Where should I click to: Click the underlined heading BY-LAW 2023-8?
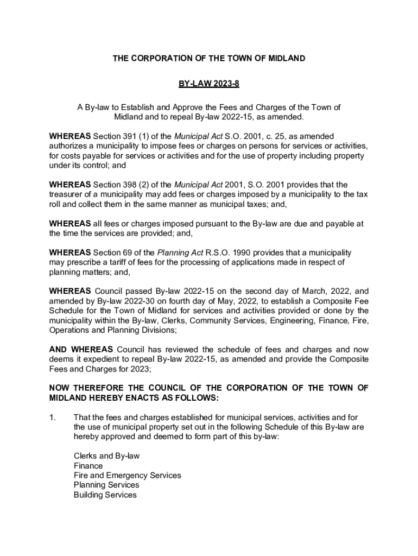pos(208,84)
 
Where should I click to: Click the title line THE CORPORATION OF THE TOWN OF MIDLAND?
pos(208,58)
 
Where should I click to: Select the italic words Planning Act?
pos(178,252)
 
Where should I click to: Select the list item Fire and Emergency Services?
pos(127,476)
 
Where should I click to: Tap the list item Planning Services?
pos(106,485)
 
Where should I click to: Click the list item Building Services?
pos(105,495)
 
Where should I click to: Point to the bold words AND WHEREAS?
pos(81,349)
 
